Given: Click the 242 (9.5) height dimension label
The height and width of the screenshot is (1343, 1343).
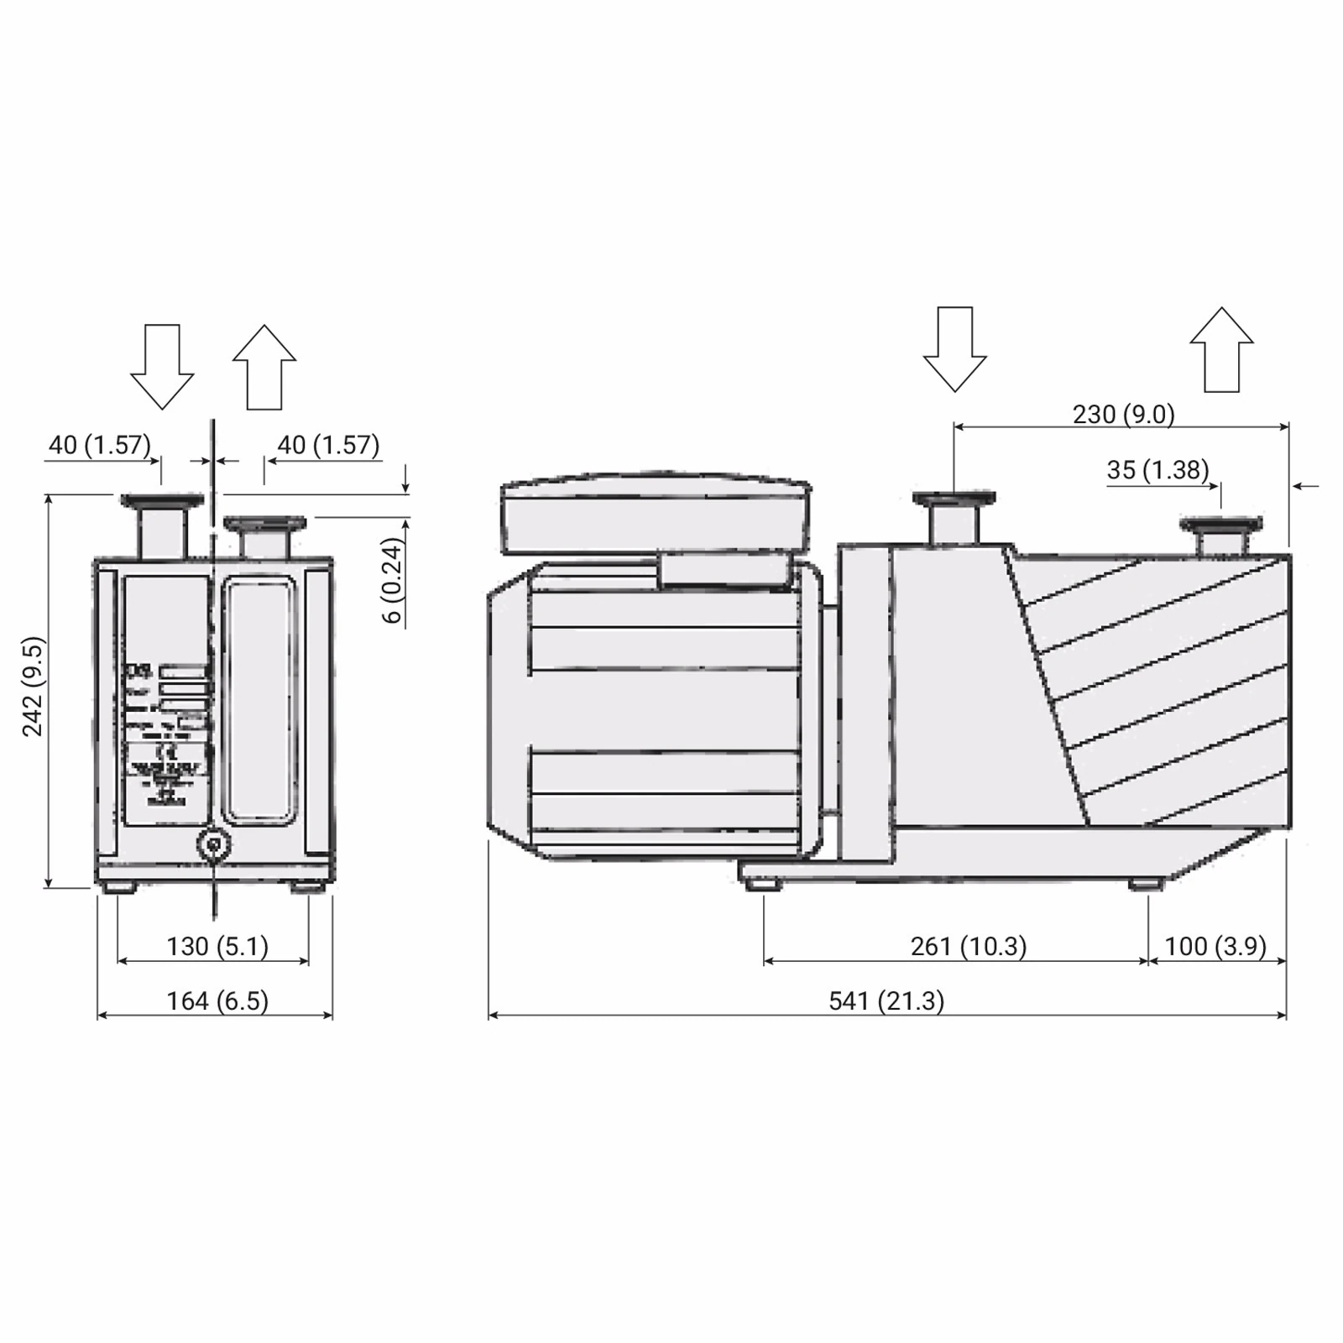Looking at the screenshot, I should click(32, 687).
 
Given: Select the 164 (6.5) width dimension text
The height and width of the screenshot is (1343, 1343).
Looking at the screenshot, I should click(217, 1001).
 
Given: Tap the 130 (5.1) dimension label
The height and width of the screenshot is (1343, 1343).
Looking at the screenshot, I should click(217, 946).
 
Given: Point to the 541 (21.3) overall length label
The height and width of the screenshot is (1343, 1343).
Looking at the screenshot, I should click(886, 1001).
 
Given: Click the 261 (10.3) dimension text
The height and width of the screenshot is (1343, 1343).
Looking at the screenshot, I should click(968, 946).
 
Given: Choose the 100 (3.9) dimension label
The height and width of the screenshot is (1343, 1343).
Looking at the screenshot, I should click(1215, 946).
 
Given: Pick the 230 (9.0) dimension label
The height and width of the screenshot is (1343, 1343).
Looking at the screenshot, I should click(1123, 414).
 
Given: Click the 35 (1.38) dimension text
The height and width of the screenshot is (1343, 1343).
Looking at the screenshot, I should click(1157, 469).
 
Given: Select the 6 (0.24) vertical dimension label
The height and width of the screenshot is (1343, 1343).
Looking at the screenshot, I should click(392, 581).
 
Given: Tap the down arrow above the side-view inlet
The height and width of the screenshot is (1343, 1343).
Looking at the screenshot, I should click(954, 348).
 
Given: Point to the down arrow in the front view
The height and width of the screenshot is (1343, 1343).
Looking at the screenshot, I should click(162, 366).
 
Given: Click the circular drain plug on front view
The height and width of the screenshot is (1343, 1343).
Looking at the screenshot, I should click(214, 845).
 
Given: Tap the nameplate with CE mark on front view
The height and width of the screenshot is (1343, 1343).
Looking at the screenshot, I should click(166, 730).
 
